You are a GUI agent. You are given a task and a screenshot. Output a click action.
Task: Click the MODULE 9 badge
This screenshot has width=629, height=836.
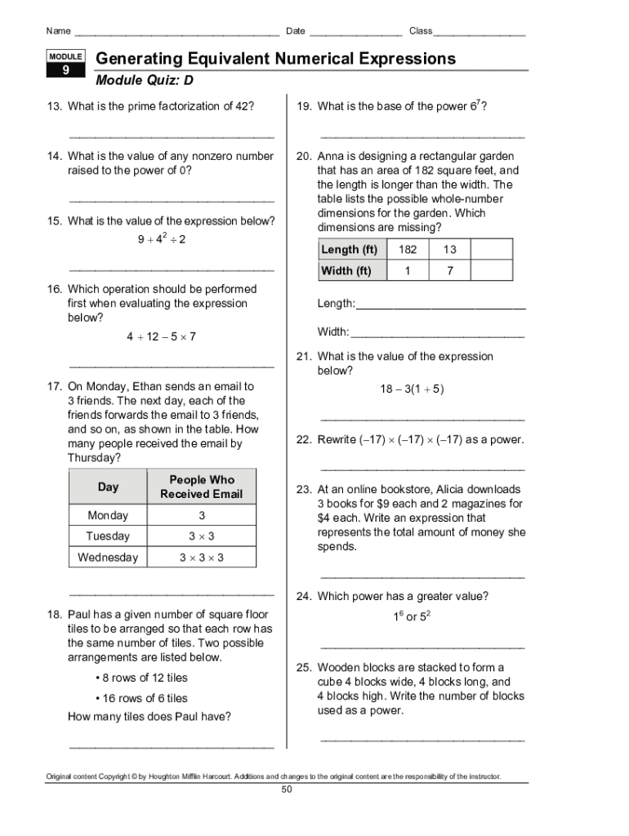click(66, 64)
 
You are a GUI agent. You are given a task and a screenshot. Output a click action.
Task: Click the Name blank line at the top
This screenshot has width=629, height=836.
click(176, 34)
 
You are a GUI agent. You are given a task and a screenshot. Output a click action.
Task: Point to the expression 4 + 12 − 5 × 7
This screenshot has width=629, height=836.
click(161, 336)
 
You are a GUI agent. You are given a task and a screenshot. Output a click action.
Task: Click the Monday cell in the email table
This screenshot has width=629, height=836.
click(108, 516)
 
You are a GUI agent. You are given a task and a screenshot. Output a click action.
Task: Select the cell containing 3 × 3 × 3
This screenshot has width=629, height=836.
click(201, 558)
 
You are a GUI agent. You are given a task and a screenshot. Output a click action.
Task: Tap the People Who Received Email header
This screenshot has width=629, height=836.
click(201, 487)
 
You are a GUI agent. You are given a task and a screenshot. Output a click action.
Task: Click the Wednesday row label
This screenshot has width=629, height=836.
click(108, 558)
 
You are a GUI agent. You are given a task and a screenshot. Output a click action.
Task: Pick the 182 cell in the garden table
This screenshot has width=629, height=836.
click(408, 250)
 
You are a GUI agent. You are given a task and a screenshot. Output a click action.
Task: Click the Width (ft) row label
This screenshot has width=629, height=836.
click(346, 270)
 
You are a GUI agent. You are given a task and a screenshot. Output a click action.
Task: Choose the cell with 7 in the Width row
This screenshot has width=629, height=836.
click(450, 270)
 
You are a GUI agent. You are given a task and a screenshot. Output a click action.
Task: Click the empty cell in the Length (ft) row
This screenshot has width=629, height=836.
click(492, 250)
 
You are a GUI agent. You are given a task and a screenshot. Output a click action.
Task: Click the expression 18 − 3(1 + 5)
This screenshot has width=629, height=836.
click(412, 389)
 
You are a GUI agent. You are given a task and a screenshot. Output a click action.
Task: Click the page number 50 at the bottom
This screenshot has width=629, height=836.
click(286, 789)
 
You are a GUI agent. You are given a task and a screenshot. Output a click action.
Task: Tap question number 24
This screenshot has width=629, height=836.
click(304, 597)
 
